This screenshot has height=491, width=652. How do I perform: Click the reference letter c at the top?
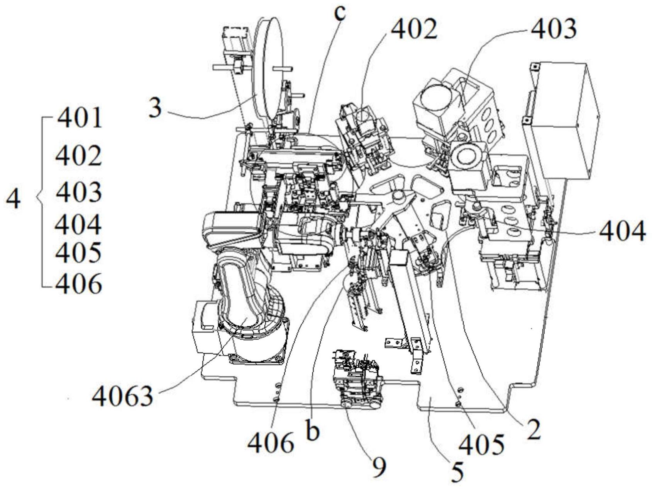340,12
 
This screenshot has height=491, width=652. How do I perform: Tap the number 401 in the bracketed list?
80,118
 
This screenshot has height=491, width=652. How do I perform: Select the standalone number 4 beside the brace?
14,200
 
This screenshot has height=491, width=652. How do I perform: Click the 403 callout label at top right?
554,29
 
